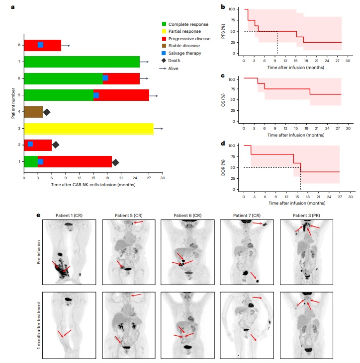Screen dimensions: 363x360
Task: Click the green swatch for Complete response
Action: [x=165, y=24]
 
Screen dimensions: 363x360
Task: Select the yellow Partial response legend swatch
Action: [x=165, y=31]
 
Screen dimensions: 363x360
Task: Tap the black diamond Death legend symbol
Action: [x=165, y=61]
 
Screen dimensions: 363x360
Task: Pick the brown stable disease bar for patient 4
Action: [x=33, y=112]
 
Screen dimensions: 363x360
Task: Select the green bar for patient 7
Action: [x=82, y=62]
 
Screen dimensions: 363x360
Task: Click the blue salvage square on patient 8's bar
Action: [x=40, y=45]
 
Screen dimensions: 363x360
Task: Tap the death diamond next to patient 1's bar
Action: [x=115, y=162]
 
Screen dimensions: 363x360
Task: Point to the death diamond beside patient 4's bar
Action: [x=47, y=112]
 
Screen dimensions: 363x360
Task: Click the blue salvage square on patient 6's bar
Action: [x=105, y=78]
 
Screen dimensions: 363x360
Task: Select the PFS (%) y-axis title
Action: [x=225, y=31]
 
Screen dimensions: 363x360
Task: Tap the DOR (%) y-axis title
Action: [x=225, y=167]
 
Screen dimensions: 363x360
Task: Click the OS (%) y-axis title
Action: [x=225, y=99]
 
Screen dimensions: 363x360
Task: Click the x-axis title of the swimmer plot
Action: [x=93, y=185]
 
